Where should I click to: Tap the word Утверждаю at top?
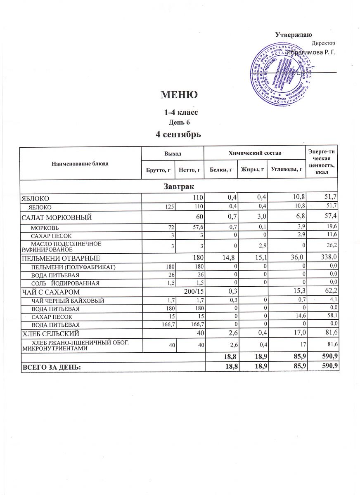[x=294, y=34]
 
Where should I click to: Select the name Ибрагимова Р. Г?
[x=313, y=52]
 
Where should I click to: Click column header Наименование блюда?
[x=80, y=164]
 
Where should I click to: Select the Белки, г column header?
[x=221, y=170]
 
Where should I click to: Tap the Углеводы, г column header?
[x=287, y=170]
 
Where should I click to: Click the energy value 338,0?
[x=329, y=258]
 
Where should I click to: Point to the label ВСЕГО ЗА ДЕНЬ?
[x=55, y=366]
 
